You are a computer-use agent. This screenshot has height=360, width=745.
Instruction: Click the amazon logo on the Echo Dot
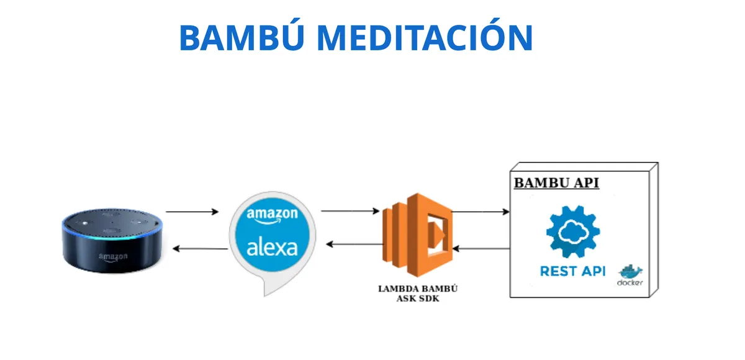[x=113, y=256]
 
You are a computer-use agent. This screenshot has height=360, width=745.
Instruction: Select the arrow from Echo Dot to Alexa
[x=192, y=212]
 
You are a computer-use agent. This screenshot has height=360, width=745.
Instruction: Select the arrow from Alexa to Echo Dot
[x=200, y=249]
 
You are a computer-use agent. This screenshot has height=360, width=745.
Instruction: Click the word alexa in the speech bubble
[x=272, y=248]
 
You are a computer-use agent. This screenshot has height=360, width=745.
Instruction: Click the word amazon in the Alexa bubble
[x=272, y=214]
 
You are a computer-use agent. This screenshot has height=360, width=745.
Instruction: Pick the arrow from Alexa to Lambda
[x=350, y=212]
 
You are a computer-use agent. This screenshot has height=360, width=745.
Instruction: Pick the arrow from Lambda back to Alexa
[x=354, y=244]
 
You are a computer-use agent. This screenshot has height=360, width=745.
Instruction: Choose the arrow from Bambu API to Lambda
[x=483, y=248]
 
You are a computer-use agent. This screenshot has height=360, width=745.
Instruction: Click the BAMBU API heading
[x=556, y=184]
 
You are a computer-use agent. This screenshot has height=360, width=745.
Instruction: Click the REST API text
[x=572, y=271]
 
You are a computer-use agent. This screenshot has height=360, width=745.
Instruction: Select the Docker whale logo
[x=630, y=273]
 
